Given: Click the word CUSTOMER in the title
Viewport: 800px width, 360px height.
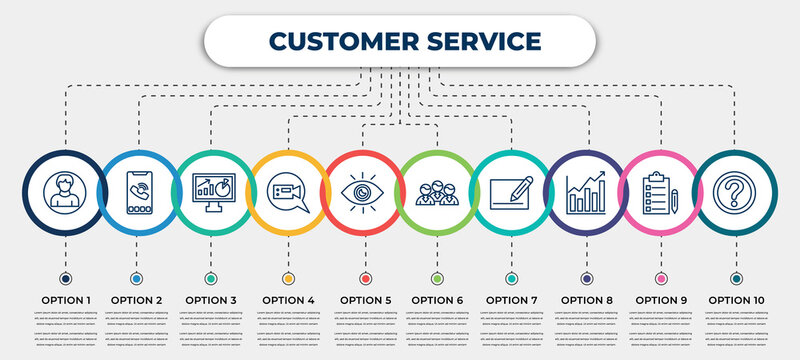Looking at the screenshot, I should [x=337, y=41].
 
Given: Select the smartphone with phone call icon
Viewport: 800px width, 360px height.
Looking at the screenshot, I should [x=138, y=191].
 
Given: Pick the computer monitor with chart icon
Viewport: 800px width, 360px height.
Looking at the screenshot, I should [x=212, y=191].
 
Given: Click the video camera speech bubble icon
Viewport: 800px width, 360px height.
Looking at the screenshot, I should [x=288, y=191].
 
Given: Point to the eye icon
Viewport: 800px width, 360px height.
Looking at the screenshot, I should [x=363, y=191].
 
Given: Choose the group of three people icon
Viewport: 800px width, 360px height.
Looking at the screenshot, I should [x=437, y=191].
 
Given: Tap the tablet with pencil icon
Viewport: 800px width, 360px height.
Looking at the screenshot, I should [x=512, y=191].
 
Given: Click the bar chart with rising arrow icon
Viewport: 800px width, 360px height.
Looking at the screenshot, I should [x=586, y=191].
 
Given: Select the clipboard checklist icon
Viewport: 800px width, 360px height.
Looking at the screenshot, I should [x=660, y=191].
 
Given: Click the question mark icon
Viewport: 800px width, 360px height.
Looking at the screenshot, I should [x=736, y=191].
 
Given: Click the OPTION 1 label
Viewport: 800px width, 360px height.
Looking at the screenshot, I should [x=66, y=299].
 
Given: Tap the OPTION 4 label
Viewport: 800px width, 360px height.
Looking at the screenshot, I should [x=288, y=299].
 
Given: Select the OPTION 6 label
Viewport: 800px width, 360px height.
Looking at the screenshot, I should [x=437, y=299].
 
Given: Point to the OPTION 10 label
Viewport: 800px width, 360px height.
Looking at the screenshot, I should [x=736, y=299].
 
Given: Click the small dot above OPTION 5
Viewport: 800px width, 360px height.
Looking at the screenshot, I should [x=363, y=277].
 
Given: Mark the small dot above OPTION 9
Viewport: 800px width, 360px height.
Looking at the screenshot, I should [x=660, y=277].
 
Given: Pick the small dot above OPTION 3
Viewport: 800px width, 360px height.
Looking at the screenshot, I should [x=212, y=277].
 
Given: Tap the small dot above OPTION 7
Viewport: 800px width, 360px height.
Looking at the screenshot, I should [x=512, y=277].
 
